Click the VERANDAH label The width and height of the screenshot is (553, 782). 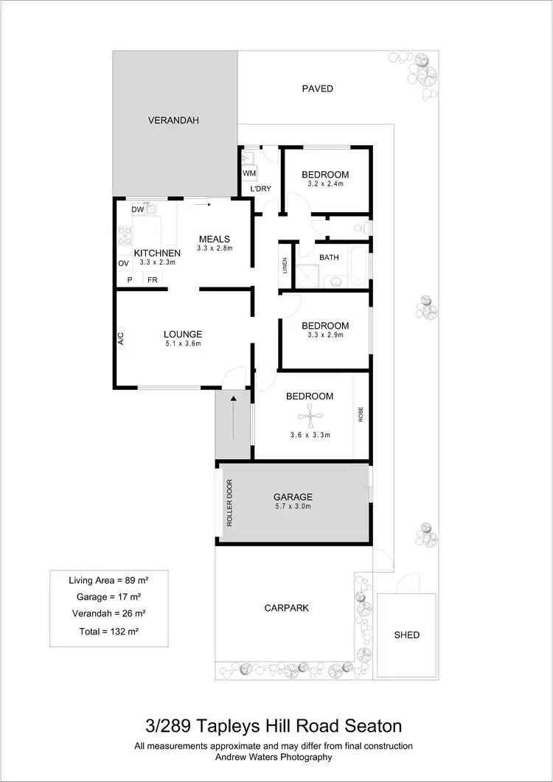173,120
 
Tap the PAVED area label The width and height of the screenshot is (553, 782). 318,88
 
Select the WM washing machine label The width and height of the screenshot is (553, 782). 248,173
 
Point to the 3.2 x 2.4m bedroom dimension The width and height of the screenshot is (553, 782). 324,184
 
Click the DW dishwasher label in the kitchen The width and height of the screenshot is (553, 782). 138,209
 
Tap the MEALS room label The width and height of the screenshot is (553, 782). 215,239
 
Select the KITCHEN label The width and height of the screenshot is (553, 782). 157,254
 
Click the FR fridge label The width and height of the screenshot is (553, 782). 152,280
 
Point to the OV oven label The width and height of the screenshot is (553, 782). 123,263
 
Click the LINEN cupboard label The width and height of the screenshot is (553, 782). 285,265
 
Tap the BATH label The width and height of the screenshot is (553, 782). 329,257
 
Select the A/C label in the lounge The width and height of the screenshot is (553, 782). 121,338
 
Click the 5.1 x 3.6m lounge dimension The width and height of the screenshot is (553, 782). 182,343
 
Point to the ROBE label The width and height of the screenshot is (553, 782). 361,413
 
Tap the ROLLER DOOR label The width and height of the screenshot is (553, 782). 229,503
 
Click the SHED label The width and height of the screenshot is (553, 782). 406,635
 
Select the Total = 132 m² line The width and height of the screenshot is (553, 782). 108,632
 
